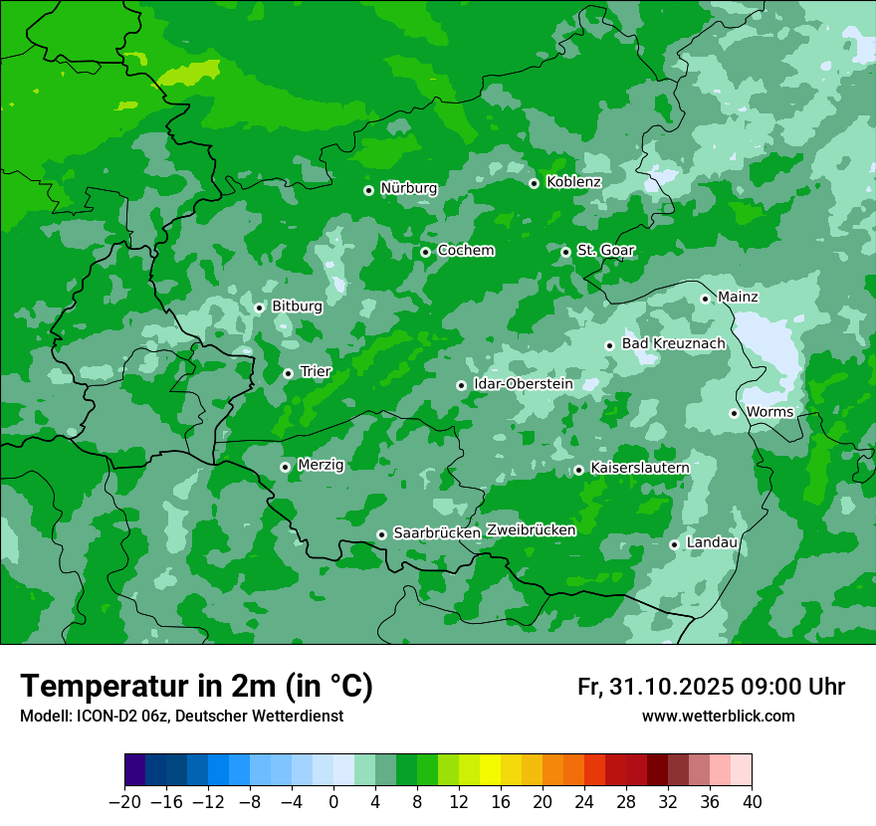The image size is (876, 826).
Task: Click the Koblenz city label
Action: point(573,182)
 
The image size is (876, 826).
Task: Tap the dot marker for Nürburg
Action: point(368,190)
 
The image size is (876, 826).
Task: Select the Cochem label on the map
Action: point(465,250)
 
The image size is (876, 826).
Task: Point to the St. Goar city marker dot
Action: point(565,252)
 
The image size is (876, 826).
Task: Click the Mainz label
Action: point(738,297)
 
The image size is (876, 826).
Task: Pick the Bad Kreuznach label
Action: point(673,343)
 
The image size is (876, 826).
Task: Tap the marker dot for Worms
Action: point(734,413)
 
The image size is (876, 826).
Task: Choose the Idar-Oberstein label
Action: point(524,383)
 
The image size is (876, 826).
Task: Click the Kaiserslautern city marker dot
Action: point(578,470)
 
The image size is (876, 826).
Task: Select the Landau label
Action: point(712,542)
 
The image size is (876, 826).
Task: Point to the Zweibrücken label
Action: point(531,530)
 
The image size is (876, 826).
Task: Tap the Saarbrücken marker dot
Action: point(381,534)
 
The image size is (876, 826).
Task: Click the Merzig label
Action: point(321,465)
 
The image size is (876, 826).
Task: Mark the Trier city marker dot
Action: point(288,373)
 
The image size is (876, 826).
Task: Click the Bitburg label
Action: point(297,307)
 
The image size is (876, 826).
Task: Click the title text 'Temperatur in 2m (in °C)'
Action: point(196,686)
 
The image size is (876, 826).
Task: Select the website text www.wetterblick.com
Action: point(718,716)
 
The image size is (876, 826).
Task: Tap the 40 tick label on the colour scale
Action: point(752,802)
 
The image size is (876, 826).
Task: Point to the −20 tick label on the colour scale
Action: point(124,802)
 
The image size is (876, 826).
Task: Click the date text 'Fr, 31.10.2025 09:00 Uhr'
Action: point(711,687)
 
